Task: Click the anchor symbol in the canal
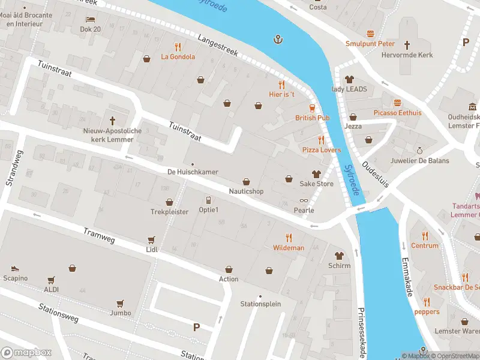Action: [x=278, y=40]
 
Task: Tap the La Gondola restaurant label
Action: [x=178, y=57]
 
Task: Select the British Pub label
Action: [x=312, y=118]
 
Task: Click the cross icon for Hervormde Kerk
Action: [x=407, y=44]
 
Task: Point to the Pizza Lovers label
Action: [x=321, y=150]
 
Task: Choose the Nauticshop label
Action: [x=246, y=191]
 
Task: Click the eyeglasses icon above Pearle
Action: [x=304, y=201]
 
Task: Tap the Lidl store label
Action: [x=151, y=249]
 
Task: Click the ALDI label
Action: [x=51, y=289]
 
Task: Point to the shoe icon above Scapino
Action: [x=15, y=268]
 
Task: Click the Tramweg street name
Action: [x=98, y=236]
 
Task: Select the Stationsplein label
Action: [x=260, y=304]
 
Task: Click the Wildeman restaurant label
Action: [x=289, y=248]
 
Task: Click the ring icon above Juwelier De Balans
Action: [x=420, y=151]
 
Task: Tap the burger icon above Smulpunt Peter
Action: [x=370, y=34]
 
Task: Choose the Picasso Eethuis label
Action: [x=397, y=113]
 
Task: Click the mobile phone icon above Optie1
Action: [x=208, y=200]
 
